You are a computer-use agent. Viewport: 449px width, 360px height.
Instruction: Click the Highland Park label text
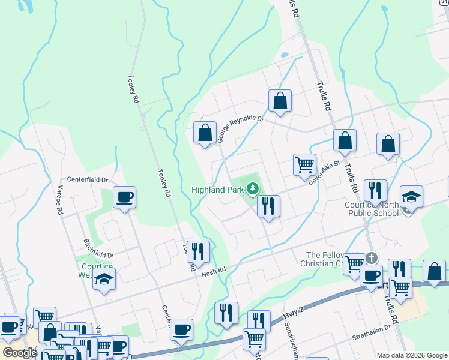[217, 190]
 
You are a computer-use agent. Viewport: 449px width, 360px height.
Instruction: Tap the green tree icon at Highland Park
[253, 189]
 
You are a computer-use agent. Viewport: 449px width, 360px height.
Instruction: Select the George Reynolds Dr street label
[240, 127]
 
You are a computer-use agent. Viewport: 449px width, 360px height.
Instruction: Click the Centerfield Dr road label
[87, 179]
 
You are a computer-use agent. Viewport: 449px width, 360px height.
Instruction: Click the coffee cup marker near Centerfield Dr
[124, 197]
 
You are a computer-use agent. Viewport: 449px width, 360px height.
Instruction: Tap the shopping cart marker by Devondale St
[304, 164]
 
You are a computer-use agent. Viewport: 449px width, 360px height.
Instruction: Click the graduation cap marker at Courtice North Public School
[411, 197]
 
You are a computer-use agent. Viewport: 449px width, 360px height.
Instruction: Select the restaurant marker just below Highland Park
[268, 206]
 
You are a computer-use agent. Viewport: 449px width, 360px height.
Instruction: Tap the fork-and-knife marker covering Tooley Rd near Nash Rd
[199, 251]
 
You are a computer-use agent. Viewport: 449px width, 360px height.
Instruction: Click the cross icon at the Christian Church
[372, 258]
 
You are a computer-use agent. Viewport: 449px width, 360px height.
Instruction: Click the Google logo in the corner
[19, 353]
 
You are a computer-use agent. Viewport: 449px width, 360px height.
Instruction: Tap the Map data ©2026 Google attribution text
[411, 355]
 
